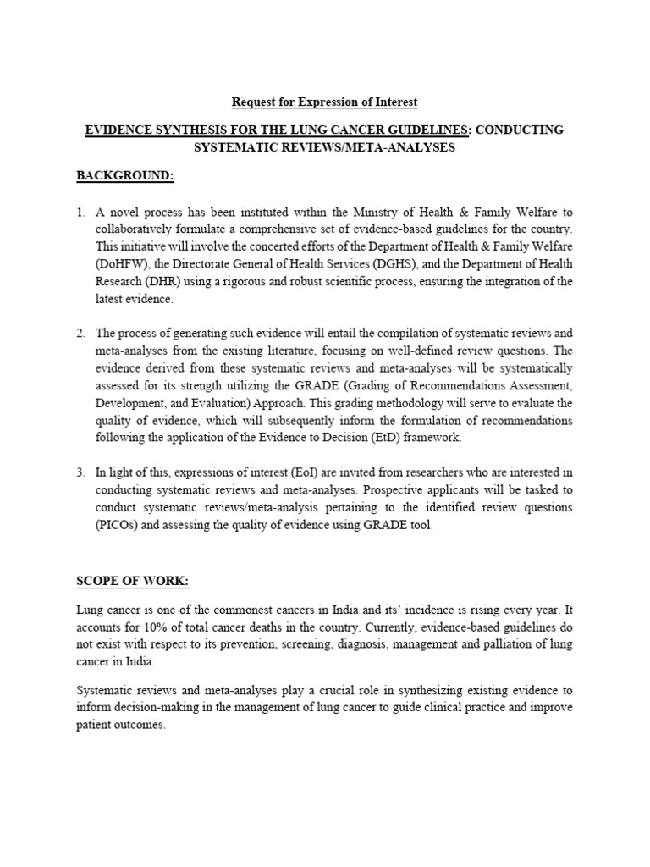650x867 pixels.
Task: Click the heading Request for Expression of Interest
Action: (325, 102)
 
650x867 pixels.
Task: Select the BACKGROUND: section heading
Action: (125, 175)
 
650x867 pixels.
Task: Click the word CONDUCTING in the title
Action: (521, 129)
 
